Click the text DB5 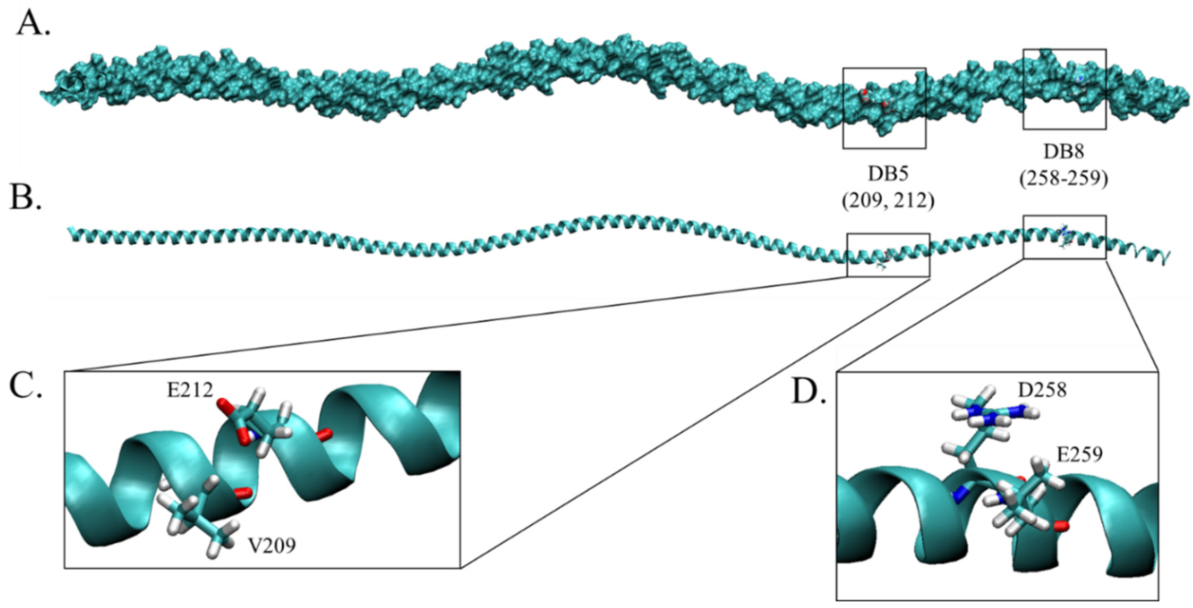887,173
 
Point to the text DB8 1064,151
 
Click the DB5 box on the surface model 884,108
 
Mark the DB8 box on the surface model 1064,89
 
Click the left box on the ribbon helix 888,255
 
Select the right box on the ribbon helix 1064,237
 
